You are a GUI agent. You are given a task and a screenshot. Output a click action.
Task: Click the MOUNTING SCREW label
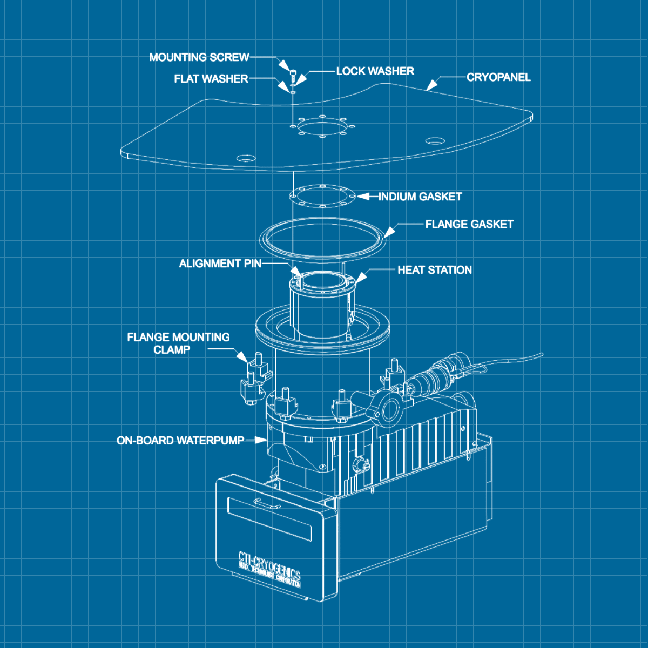pos(199,57)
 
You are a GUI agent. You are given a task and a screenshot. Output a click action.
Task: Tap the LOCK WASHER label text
pos(375,71)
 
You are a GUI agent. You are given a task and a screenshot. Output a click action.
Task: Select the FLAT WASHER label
pos(211,79)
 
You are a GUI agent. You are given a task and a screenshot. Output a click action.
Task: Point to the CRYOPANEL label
pos(498,77)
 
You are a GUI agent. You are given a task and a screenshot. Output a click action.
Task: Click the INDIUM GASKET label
pos(420,197)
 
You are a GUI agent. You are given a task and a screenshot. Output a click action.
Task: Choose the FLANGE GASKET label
pos(469,224)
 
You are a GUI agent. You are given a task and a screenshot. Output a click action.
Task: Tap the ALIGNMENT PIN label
pos(220,264)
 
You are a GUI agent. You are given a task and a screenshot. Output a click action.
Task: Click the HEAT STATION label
pos(434,270)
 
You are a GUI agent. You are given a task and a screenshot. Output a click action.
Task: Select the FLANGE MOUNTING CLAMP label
pos(178,343)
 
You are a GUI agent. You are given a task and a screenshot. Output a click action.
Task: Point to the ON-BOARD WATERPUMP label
pos(180,441)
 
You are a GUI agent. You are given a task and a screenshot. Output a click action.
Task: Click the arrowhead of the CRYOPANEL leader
pos(431,85)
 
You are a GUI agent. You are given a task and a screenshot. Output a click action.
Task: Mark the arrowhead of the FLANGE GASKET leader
pos(389,232)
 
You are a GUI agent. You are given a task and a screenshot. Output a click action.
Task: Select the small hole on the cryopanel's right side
pos(434,141)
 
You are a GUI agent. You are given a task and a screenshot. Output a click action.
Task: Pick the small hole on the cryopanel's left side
pos(246,158)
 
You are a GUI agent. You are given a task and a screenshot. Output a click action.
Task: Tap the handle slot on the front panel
pos(268,503)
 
